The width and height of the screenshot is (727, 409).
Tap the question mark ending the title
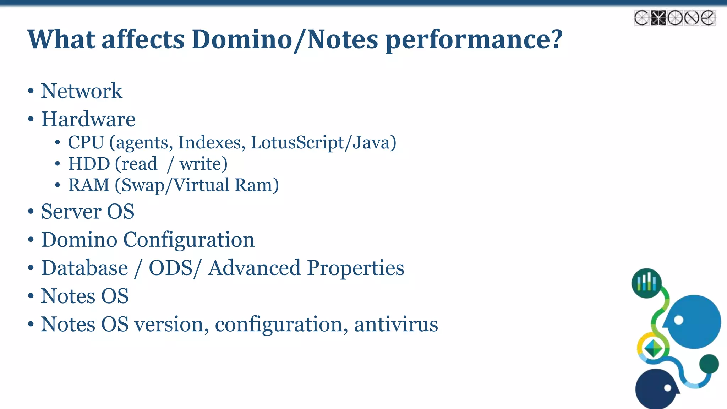pyautogui.click(x=556, y=39)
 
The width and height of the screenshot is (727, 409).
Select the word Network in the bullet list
pyautogui.click(x=81, y=91)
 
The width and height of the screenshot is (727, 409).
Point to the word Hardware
pyautogui.click(x=88, y=119)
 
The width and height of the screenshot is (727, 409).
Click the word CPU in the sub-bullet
pyautogui.click(x=86, y=142)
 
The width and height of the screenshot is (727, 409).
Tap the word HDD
pyautogui.click(x=89, y=164)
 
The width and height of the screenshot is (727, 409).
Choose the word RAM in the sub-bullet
pyautogui.click(x=89, y=185)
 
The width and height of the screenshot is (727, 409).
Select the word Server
pyautogui.click(x=71, y=212)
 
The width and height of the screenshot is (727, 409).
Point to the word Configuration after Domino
pyautogui.click(x=188, y=240)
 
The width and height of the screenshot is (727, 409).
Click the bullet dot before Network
pyautogui.click(x=31, y=91)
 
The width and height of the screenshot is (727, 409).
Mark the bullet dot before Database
pyautogui.click(x=31, y=268)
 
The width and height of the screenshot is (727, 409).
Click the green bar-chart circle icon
pyautogui.click(x=646, y=283)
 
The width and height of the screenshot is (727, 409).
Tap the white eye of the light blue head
pyautogui.click(x=678, y=320)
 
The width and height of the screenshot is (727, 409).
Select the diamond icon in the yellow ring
pyautogui.click(x=653, y=348)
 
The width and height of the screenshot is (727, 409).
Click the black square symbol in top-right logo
pyautogui.click(x=658, y=18)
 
